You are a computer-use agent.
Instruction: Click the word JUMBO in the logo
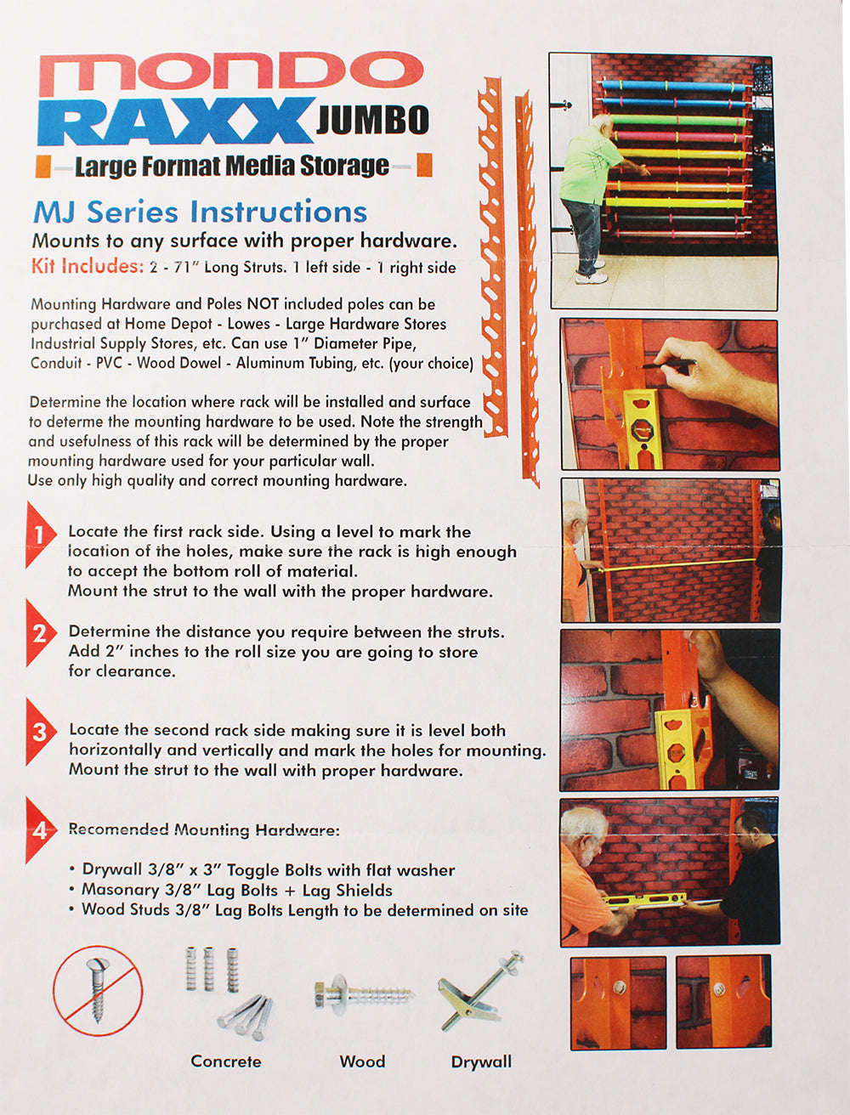372,120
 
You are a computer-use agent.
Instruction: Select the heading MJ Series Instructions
201,212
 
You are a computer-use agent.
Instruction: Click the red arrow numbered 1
40,535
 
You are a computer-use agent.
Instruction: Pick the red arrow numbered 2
40,633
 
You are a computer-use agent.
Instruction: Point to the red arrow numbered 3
40,732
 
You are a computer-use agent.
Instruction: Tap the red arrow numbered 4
40,830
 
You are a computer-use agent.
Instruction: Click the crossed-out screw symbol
98,991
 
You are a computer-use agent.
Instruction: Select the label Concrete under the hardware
226,1061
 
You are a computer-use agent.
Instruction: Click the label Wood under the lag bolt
362,1061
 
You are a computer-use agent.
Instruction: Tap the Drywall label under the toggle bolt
481,1062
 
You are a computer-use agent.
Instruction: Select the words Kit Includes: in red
88,266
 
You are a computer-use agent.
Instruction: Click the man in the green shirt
591,199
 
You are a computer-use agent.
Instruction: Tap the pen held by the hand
670,364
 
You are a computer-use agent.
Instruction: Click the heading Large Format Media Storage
232,166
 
